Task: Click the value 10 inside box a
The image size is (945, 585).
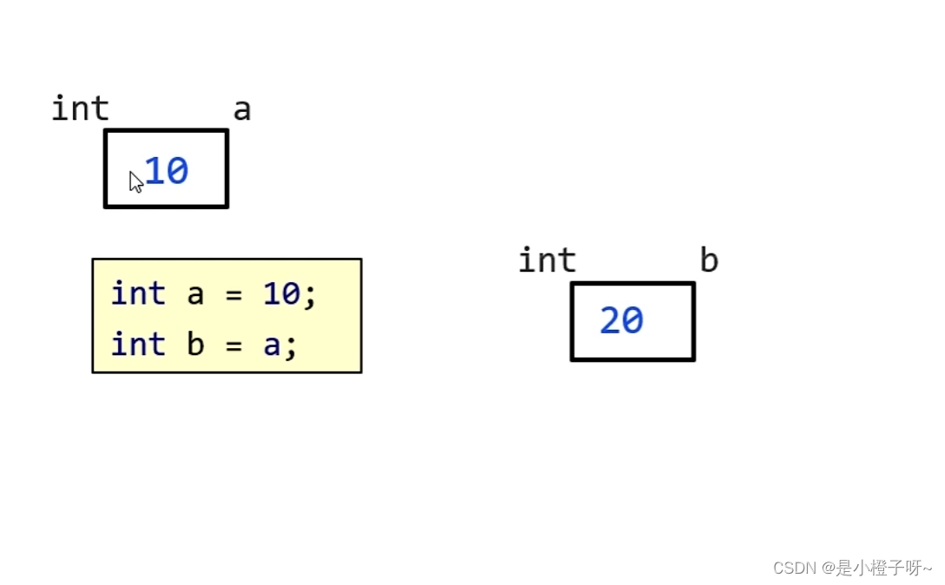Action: tap(167, 171)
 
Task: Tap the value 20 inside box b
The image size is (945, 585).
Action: tap(621, 321)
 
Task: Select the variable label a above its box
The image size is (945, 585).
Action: tap(241, 110)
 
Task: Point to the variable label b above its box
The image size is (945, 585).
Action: tap(709, 261)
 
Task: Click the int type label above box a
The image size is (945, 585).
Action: tap(80, 109)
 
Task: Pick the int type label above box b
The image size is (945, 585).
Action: tap(547, 260)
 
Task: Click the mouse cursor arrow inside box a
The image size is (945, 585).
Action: tap(135, 181)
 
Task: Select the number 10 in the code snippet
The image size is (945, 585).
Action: tap(281, 294)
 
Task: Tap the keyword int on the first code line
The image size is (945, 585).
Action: tap(137, 294)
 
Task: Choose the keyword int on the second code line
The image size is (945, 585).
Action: tap(137, 345)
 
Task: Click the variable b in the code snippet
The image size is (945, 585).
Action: tap(195, 345)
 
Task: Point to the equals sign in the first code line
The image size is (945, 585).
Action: tap(233, 295)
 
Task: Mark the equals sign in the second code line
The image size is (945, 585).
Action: tap(233, 345)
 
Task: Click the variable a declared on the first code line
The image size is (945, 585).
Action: tap(195, 295)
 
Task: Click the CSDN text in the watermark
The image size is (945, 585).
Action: tap(790, 568)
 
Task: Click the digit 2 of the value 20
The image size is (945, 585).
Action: tap(610, 321)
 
